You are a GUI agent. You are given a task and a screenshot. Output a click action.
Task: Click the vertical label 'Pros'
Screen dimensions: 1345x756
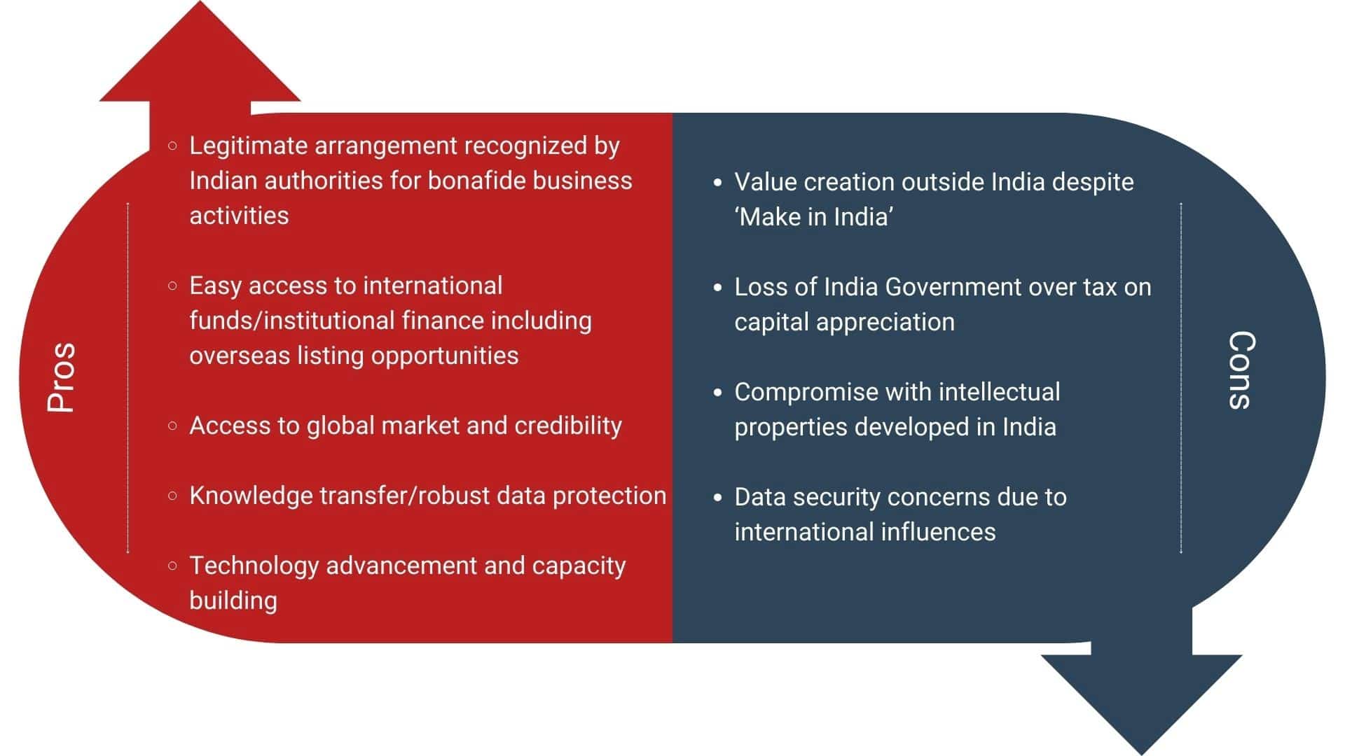pos(61,377)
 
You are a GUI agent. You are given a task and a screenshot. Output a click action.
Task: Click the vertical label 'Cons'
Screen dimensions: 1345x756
pos(1242,370)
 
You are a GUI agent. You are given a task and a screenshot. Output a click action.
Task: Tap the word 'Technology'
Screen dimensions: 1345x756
pos(254,566)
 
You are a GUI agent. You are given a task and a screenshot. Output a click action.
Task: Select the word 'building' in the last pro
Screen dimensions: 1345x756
pos(233,601)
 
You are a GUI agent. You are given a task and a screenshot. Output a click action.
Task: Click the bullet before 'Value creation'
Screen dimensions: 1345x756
pos(717,182)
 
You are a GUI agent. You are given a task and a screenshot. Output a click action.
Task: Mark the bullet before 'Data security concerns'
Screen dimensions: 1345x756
pos(717,497)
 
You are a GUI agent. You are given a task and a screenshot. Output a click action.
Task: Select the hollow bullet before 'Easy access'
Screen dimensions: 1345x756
pos(172,286)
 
